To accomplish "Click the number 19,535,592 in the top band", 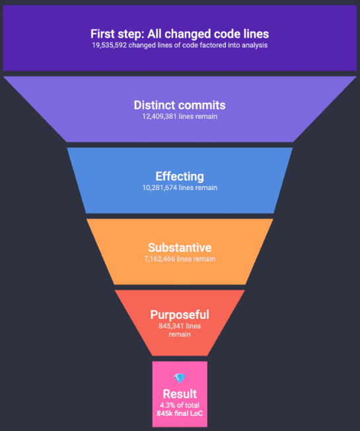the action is (x=109, y=45).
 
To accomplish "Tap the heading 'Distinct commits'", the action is (x=180, y=105).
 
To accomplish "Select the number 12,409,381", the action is (x=159, y=117).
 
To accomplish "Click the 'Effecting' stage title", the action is (x=180, y=176).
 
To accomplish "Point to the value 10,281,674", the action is (x=159, y=187).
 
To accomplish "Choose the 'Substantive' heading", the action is (x=180, y=248).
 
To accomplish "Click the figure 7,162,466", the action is (x=159, y=259).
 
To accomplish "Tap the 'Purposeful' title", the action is (x=180, y=315).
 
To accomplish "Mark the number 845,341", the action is (x=171, y=326).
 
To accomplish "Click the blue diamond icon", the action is (x=180, y=378).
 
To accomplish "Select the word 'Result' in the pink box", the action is (x=180, y=394).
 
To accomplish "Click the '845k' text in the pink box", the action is (x=164, y=413).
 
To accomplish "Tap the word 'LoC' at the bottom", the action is (x=196, y=413).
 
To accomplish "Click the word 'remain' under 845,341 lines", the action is (x=180, y=334).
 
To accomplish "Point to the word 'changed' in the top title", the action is (x=188, y=34).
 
